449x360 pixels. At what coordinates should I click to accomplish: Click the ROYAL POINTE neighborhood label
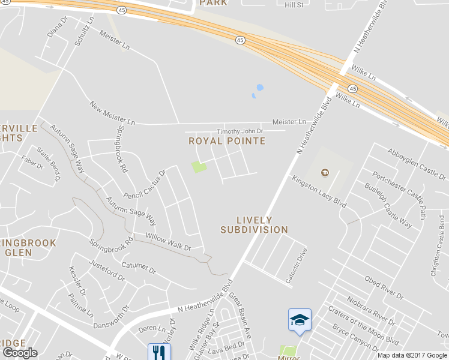(x=227, y=141)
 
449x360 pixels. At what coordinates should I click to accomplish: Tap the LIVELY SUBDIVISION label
(x=254, y=225)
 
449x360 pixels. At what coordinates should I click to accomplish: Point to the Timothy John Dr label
(x=240, y=131)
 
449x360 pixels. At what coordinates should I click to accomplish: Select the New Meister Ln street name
(x=112, y=113)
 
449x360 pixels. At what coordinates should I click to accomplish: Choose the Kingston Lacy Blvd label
(x=319, y=191)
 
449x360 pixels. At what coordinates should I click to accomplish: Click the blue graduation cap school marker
(x=300, y=320)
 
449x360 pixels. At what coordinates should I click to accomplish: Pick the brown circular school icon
(x=325, y=173)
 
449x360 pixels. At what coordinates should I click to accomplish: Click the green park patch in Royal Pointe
(x=199, y=166)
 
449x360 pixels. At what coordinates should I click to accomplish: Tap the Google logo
(x=20, y=353)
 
